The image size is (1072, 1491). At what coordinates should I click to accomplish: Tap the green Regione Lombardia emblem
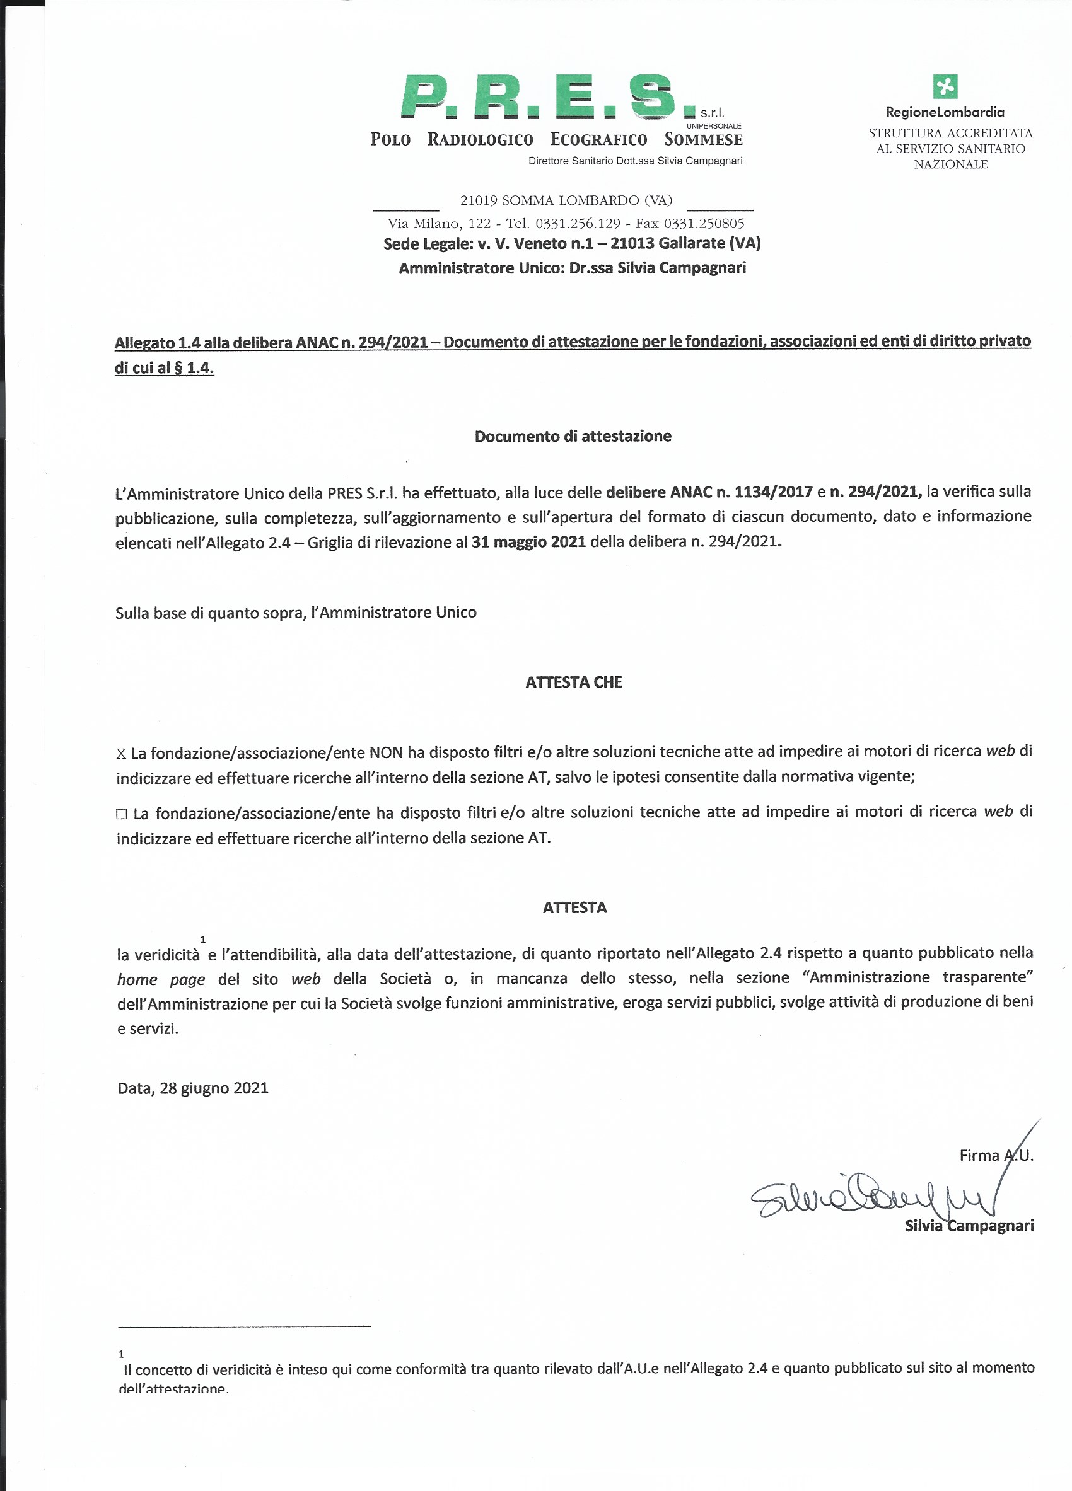[945, 86]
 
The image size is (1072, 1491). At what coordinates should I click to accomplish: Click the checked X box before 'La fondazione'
[121, 754]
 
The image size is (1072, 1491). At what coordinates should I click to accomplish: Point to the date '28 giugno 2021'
[214, 1089]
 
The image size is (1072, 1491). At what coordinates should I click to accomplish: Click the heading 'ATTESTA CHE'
[573, 682]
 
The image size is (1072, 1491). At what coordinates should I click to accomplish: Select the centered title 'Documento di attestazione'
[573, 437]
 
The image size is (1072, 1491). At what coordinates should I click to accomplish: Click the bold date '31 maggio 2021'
[528, 543]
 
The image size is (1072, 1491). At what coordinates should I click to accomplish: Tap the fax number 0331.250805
[704, 224]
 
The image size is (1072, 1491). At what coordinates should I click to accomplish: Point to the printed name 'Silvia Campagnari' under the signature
[969, 1226]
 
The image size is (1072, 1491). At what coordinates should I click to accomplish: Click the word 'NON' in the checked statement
[386, 752]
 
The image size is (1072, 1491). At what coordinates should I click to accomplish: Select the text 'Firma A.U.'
[996, 1155]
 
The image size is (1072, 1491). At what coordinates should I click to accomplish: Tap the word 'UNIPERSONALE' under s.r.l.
[714, 125]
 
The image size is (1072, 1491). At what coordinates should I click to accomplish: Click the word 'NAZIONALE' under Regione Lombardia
[950, 164]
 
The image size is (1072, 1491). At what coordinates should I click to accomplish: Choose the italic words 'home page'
[161, 979]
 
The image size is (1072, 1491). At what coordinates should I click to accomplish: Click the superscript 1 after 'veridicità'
[203, 940]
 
